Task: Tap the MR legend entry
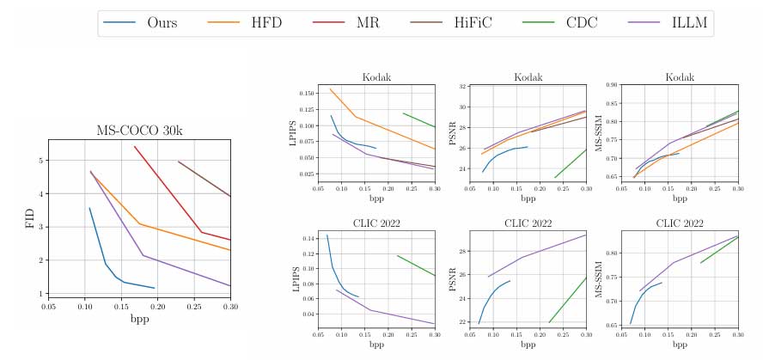pos(347,23)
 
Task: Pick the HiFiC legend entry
pos(451,23)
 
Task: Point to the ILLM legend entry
pos(670,23)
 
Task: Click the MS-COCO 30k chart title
pos(139,131)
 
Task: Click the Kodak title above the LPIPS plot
pos(376,77)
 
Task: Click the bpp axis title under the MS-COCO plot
pos(139,319)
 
